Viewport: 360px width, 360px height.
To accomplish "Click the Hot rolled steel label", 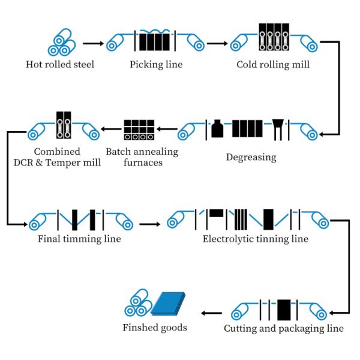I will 59,64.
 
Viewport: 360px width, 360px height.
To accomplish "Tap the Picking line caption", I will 156,64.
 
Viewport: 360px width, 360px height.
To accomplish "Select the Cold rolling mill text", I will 273,64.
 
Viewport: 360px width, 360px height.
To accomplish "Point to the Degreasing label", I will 251,157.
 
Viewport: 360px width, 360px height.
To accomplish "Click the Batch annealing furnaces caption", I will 142,157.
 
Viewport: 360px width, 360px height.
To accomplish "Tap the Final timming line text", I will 79,239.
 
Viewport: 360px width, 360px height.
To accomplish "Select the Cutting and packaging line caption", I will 284,328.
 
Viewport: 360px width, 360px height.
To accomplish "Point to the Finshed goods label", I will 155,328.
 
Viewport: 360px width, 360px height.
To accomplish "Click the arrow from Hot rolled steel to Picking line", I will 92,43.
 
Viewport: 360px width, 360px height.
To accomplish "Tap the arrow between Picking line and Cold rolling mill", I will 217,43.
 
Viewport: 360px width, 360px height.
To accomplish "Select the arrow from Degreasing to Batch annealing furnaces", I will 167,128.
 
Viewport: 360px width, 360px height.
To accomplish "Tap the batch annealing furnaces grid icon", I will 139,129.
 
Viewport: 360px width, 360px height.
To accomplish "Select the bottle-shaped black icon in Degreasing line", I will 217,128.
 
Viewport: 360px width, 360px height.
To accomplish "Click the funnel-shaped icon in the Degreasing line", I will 278,127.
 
